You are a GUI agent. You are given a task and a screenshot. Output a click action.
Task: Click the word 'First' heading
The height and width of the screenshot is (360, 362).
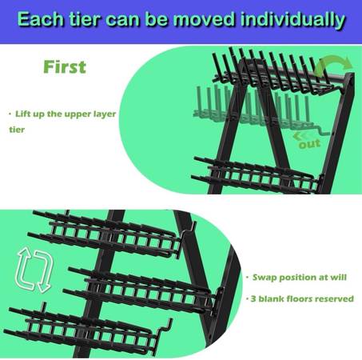(65, 66)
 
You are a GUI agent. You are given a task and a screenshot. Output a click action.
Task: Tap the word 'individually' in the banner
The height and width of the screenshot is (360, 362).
(292, 20)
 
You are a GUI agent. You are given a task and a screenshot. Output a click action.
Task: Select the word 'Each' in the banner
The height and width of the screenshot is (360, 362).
(40, 19)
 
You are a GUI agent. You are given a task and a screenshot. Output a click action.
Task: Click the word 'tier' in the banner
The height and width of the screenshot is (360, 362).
(85, 19)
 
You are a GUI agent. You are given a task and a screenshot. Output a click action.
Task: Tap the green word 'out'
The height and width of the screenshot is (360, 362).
(309, 144)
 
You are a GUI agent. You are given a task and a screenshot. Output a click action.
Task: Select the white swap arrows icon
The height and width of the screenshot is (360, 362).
(34, 270)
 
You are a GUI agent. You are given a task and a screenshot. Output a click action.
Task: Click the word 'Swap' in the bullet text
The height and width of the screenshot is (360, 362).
(264, 278)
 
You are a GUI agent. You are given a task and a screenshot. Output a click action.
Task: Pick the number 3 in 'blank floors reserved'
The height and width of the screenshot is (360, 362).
(253, 298)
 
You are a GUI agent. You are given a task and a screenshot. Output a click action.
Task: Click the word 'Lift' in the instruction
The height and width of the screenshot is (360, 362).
(22, 114)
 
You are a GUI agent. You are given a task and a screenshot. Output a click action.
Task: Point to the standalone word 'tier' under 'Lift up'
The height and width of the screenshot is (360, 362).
(17, 130)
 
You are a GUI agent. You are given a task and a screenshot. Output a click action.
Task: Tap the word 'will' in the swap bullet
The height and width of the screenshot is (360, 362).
(339, 277)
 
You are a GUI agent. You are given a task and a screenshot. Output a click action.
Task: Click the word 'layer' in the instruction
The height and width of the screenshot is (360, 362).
(105, 114)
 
